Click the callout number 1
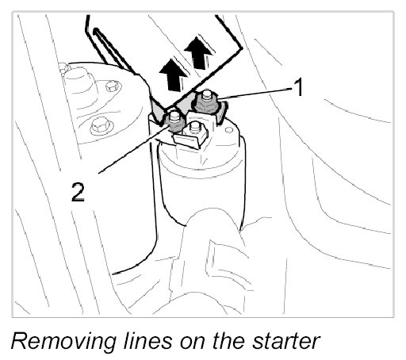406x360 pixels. point(299,87)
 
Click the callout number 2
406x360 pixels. point(78,193)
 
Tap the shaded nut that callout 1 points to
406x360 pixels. point(206,101)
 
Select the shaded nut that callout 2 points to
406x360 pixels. point(174,121)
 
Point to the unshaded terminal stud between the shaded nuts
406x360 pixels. point(195,130)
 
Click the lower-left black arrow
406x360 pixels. point(173,75)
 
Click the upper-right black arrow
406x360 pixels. point(198,52)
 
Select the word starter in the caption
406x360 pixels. point(286,341)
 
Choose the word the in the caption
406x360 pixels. point(228,340)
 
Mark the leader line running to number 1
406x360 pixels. point(255,94)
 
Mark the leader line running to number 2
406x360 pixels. point(134,149)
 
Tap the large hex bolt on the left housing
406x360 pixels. point(100,126)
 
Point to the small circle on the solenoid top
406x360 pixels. point(228,131)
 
